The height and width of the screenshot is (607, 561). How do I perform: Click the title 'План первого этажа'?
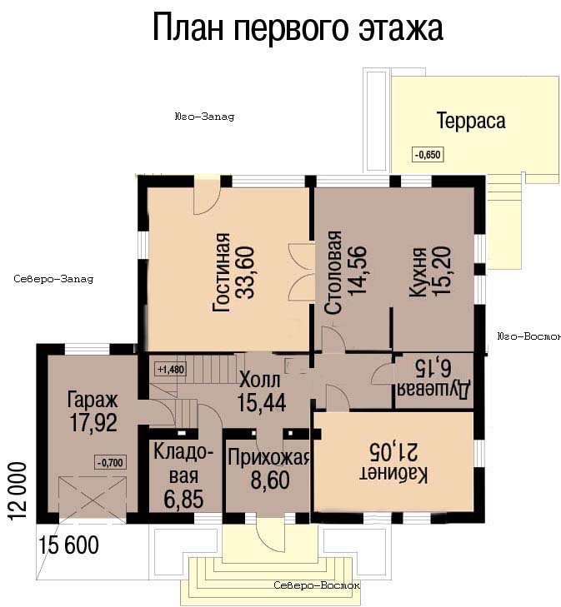click(298, 27)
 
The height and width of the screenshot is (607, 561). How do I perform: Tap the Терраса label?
click(471, 121)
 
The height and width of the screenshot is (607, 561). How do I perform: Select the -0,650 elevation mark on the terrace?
click(428, 155)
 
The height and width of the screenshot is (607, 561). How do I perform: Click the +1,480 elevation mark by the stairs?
click(171, 370)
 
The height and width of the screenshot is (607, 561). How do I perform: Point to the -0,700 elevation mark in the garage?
click(110, 462)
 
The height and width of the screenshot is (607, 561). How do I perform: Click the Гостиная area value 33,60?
click(247, 272)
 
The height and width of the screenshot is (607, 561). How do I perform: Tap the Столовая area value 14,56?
click(358, 271)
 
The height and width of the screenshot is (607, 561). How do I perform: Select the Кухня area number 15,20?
click(442, 271)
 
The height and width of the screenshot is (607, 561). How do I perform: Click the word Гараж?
click(93, 400)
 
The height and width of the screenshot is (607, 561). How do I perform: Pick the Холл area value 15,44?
click(262, 402)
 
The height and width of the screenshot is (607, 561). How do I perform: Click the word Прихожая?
click(268, 457)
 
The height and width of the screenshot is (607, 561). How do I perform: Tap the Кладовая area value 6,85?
click(183, 499)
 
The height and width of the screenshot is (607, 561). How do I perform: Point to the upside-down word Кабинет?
click(393, 475)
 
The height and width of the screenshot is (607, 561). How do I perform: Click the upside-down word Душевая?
click(433, 390)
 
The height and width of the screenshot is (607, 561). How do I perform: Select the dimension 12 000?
click(17, 491)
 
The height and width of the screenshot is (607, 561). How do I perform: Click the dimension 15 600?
click(68, 545)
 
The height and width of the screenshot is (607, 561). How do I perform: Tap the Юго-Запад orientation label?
click(204, 117)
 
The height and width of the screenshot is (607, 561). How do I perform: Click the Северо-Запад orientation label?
click(53, 279)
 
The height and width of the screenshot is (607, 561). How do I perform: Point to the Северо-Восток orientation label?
click(317, 585)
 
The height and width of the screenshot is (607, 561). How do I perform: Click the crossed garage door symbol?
click(93, 497)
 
